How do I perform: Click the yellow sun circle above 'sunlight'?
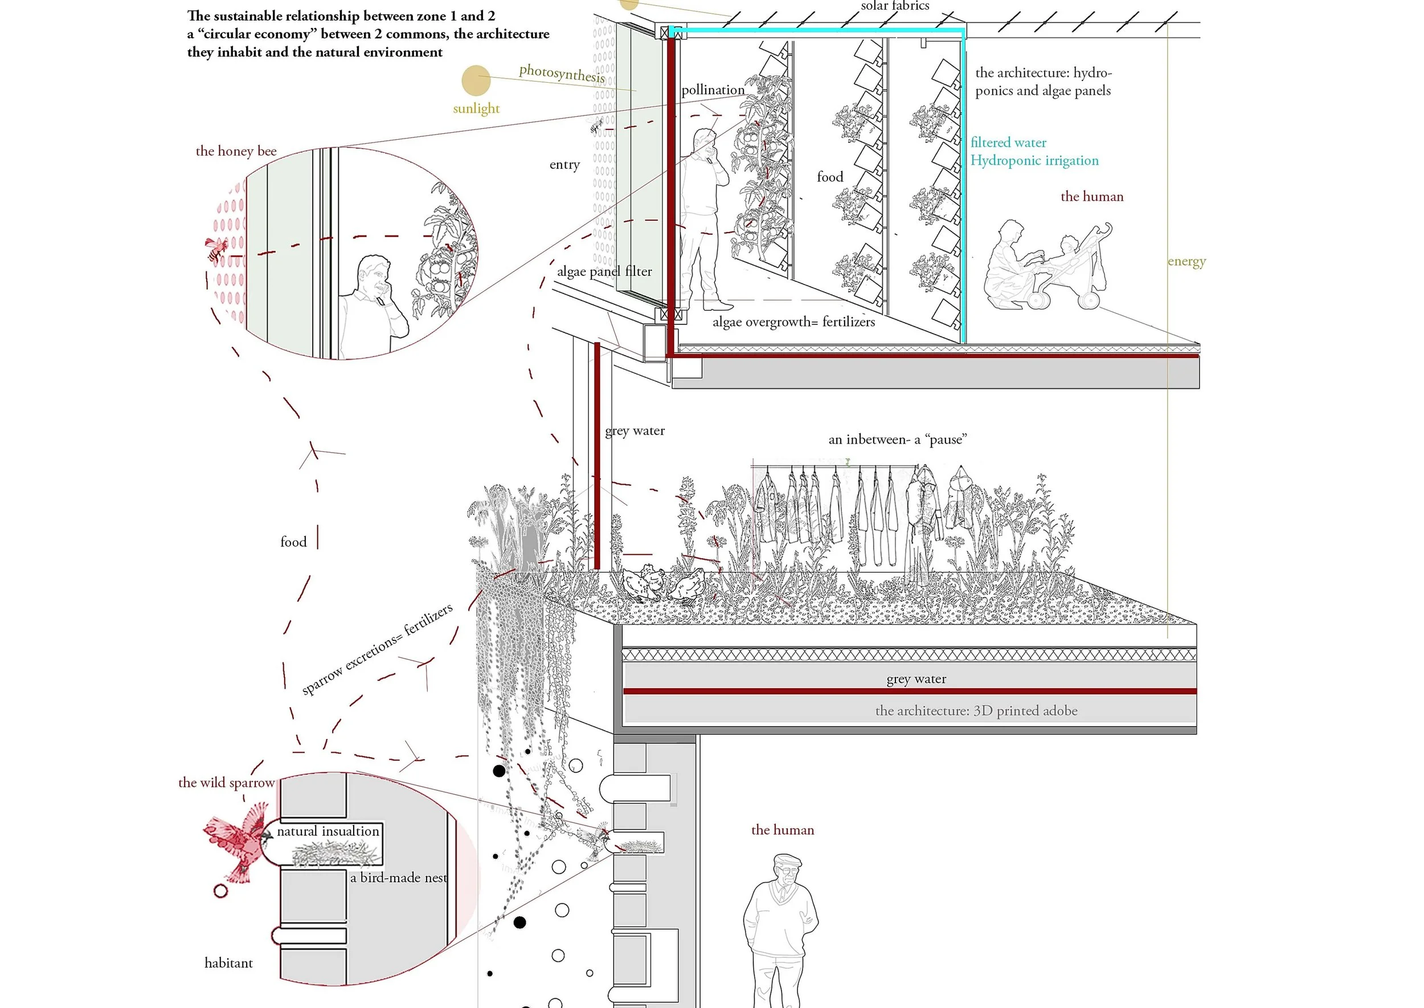(x=476, y=81)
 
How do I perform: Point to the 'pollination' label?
(x=713, y=90)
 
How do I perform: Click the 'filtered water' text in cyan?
(x=1008, y=142)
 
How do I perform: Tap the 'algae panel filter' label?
(x=604, y=271)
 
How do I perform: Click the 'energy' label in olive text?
(x=1186, y=261)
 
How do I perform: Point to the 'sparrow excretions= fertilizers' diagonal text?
(x=377, y=649)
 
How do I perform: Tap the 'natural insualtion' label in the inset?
(x=328, y=831)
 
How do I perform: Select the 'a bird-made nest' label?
(x=398, y=877)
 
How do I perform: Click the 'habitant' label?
(x=228, y=963)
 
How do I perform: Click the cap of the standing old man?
(x=788, y=861)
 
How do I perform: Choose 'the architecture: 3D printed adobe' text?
(x=976, y=711)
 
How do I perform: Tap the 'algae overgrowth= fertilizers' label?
(x=793, y=322)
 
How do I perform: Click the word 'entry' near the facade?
(x=564, y=164)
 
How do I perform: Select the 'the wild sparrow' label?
(x=226, y=783)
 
